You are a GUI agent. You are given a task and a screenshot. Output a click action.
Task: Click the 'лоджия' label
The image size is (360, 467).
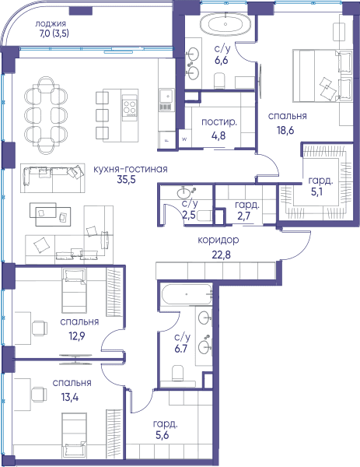51,23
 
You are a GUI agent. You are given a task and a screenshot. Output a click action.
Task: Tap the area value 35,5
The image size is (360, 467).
126,180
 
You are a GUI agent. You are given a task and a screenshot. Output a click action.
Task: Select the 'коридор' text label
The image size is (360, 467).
218,240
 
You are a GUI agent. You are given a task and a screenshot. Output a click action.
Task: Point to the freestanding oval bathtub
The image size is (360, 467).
225,24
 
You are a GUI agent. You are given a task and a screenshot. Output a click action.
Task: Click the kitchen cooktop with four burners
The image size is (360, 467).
130,107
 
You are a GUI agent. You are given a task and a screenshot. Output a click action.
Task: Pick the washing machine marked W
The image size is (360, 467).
184,139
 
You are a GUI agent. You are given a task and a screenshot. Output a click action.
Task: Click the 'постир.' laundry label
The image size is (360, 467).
219,122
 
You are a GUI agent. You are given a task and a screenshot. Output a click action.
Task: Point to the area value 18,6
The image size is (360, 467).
285,130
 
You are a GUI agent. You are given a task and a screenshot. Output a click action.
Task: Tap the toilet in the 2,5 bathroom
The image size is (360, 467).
205,216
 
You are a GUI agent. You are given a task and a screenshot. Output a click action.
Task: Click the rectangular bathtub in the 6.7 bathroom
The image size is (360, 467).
187,294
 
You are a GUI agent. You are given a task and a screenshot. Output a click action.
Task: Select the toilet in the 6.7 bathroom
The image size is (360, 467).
177,373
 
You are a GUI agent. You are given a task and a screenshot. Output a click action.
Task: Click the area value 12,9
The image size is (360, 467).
77,336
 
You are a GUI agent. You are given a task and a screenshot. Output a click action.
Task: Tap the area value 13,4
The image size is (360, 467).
70,397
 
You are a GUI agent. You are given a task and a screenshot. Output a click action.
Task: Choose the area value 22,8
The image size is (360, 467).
222,255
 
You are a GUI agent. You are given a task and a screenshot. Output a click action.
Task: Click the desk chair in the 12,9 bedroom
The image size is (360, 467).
40,328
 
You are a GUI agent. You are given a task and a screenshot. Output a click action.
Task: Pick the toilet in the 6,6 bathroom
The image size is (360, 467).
219,81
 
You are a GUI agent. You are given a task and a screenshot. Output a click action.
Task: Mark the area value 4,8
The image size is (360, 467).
218,135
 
